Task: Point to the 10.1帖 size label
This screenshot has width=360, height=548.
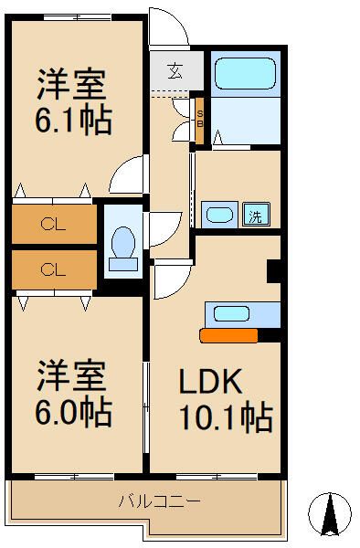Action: click(x=225, y=418)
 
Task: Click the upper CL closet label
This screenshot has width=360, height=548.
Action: click(x=53, y=223)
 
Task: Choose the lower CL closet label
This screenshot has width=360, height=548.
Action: click(x=53, y=269)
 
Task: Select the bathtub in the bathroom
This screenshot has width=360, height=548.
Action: click(x=244, y=72)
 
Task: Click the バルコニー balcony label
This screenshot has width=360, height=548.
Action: click(x=160, y=501)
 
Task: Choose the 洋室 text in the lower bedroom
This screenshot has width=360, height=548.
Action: click(x=72, y=375)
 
